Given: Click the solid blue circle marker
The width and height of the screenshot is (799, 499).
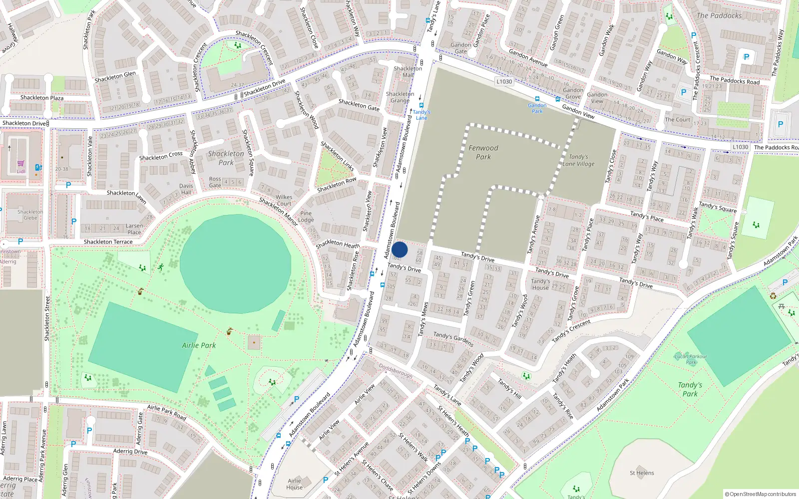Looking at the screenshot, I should pos(399,249).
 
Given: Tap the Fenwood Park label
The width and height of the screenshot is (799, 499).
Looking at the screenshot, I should pos(483,152).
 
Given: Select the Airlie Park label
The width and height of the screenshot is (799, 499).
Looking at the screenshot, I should pos(199,345).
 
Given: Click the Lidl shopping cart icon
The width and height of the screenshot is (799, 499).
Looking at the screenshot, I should pos(20,164).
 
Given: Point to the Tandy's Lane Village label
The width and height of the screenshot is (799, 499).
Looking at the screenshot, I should pos(578,160).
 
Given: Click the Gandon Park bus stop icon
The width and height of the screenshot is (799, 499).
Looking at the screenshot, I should pos(537,99).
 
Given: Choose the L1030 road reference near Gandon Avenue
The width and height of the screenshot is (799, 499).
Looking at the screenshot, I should pos(504,81).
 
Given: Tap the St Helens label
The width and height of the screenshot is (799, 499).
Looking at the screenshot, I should pos(642,473).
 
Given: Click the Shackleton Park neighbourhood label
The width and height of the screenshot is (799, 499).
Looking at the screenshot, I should pos(226,158).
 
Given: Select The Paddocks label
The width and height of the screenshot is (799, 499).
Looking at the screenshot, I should pos(719,15).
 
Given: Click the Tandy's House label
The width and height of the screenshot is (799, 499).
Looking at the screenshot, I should pos(540,284).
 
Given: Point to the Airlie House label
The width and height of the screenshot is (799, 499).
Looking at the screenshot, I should pos(294,484).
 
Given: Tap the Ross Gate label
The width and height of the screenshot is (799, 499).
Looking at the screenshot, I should pos(215,182).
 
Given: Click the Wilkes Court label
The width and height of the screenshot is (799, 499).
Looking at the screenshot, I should pos(284,200).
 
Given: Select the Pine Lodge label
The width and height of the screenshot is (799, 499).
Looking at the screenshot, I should pos(306,217).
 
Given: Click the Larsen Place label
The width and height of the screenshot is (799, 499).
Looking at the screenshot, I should pos(134,229).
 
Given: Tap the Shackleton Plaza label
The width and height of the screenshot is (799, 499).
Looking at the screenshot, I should pos(42,98).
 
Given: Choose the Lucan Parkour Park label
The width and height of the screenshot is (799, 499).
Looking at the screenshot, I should pos(691,359).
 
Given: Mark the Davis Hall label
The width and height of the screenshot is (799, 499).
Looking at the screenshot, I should pos(186,189).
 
